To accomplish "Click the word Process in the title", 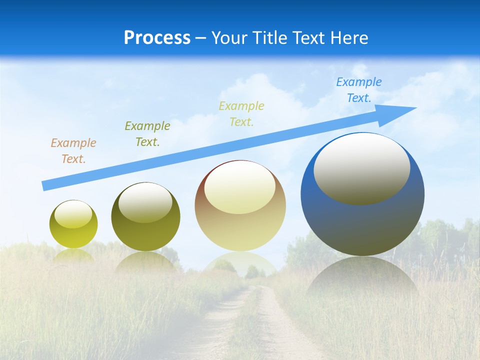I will coord(157,38).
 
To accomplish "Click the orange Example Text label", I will coord(73,151).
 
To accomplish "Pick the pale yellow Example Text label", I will coord(241,114).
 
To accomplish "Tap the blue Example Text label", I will coord(359,90).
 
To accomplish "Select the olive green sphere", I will coord(145,235).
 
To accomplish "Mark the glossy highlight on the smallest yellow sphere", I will coord(73,214).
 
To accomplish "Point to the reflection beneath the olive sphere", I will coord(145,262).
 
